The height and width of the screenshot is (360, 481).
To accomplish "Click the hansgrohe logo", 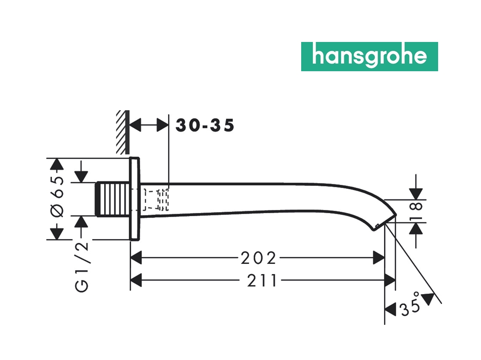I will (x=369, y=57).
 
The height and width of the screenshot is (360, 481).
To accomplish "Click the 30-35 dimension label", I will (x=205, y=126).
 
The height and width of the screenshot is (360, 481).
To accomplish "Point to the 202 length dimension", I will (x=258, y=257).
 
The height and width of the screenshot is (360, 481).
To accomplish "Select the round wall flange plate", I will (x=135, y=199).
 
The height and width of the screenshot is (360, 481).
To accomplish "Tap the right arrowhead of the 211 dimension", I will (x=389, y=280).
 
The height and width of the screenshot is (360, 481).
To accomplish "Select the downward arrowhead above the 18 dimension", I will (x=416, y=192).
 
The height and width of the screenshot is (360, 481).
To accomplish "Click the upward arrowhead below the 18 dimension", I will (x=416, y=230).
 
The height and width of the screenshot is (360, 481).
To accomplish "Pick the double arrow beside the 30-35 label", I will (x=149, y=126).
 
